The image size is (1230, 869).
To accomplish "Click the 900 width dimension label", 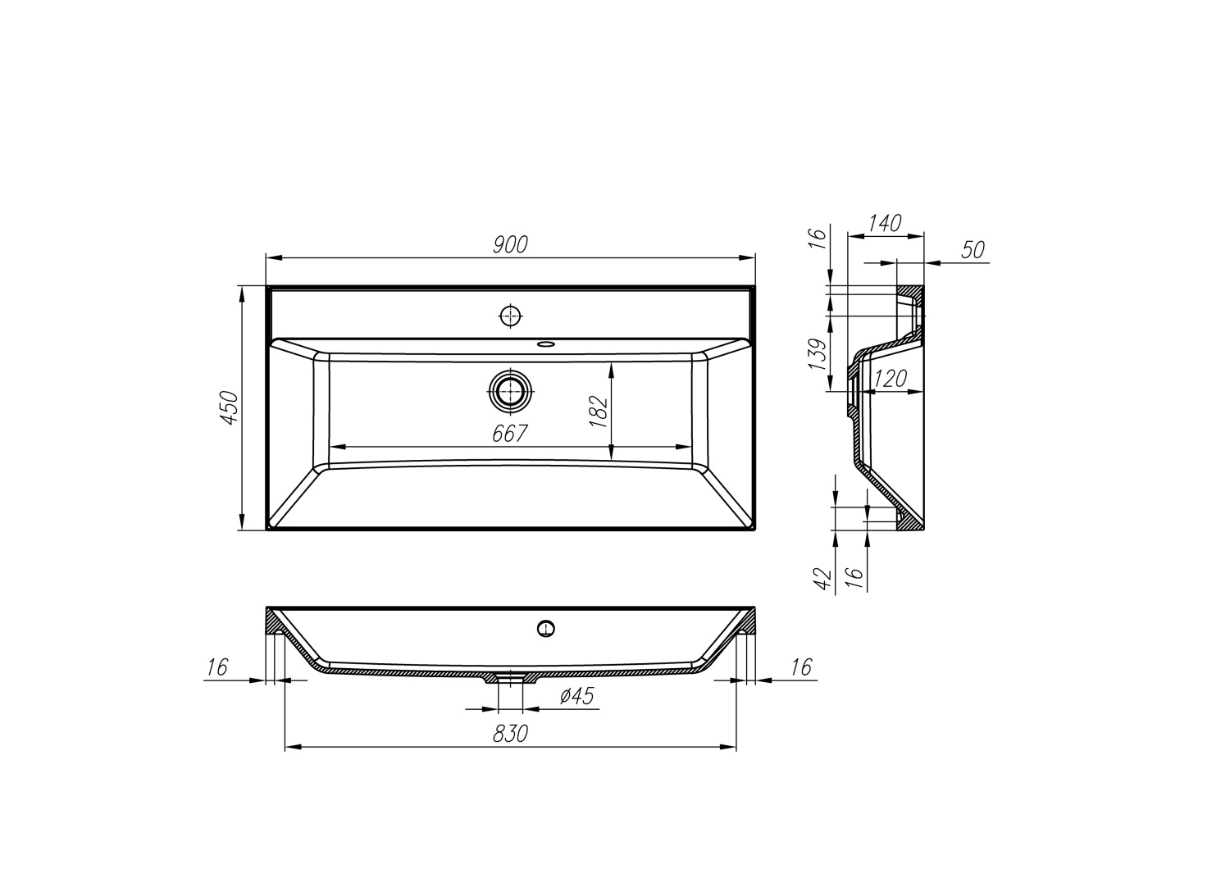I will (x=510, y=244).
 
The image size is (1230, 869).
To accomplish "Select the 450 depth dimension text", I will (x=230, y=407).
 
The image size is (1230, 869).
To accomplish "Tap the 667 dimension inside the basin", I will (x=509, y=434).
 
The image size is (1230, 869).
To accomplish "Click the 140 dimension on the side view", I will (x=884, y=223).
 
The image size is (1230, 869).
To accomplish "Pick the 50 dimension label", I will (x=973, y=250).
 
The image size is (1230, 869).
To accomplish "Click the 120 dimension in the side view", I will (x=890, y=379).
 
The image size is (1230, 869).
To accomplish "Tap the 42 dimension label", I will (x=825, y=579).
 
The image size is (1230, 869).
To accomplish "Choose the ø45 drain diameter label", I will (x=576, y=696).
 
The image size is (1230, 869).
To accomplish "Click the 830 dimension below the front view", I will (x=510, y=734).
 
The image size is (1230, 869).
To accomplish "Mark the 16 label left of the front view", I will (x=216, y=667).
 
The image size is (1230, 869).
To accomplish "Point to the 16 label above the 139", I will (x=818, y=238).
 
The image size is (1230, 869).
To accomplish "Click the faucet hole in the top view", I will (x=510, y=316).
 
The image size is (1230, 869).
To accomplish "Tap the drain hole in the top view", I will (x=510, y=392).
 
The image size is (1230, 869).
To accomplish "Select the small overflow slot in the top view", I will (x=545, y=344).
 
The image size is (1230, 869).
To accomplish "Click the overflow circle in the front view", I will (x=546, y=629).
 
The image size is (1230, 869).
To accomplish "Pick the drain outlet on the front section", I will (x=511, y=677).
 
